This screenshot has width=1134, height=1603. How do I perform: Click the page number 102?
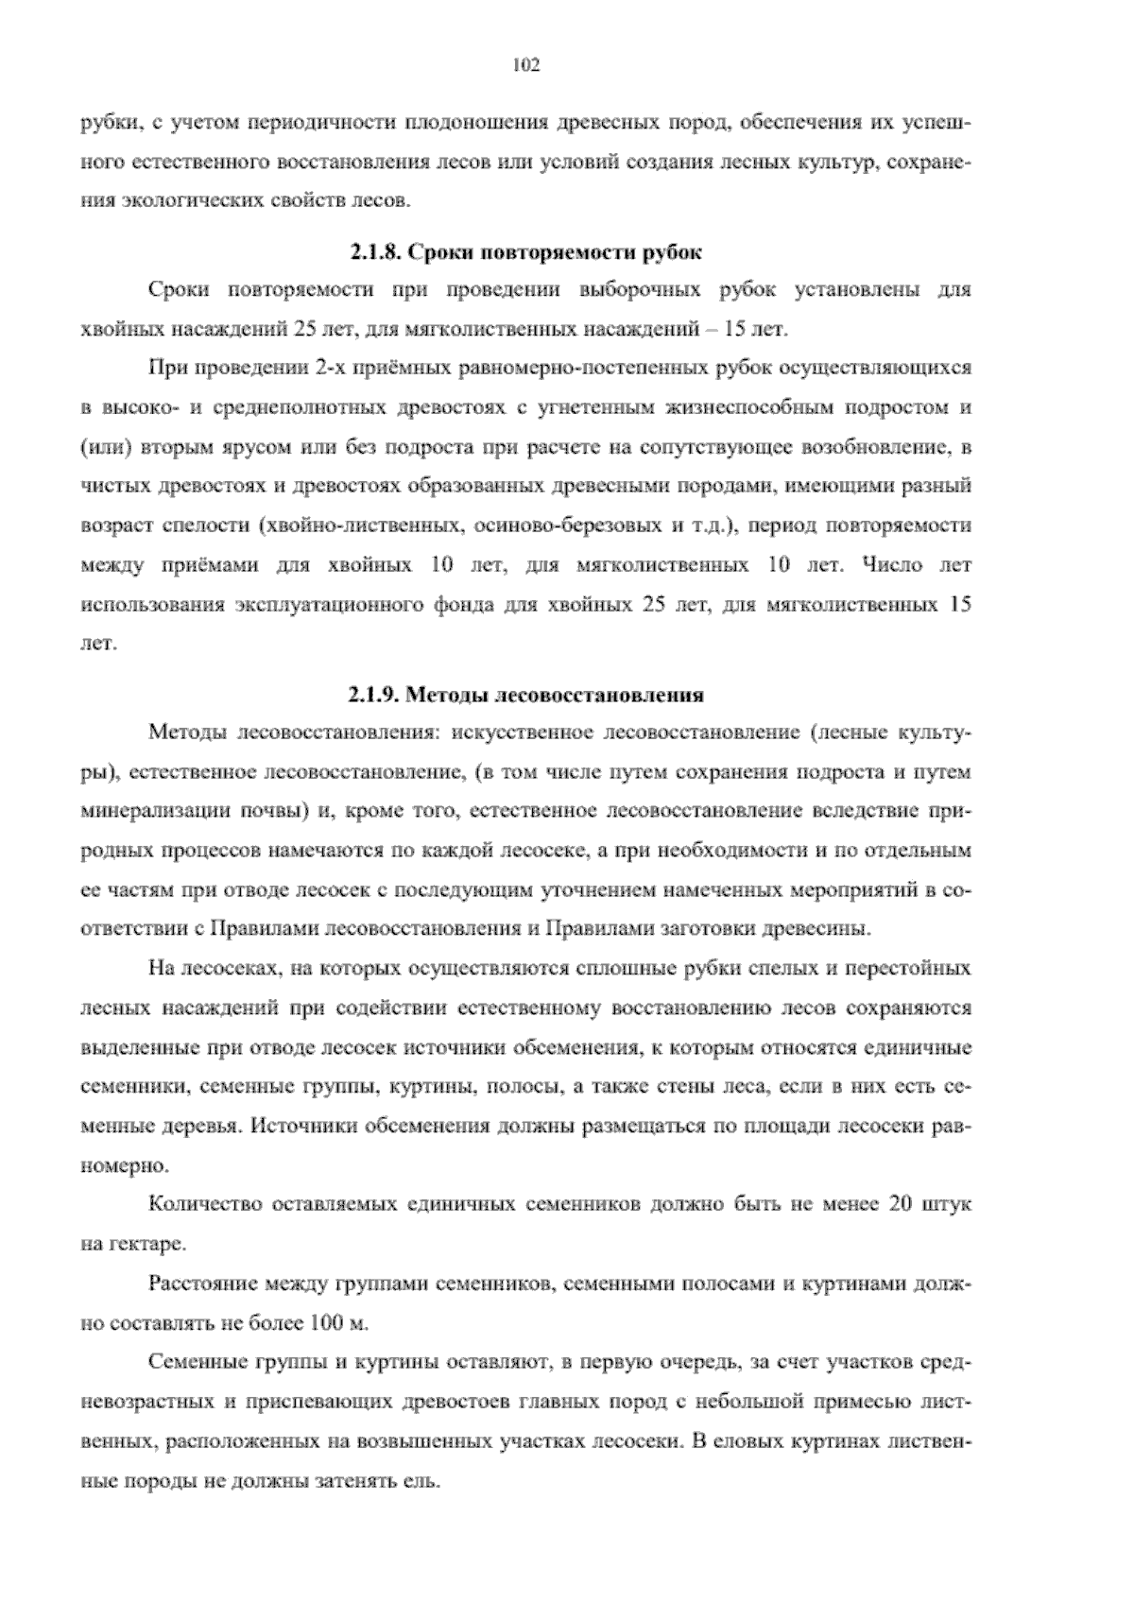[x=524, y=65]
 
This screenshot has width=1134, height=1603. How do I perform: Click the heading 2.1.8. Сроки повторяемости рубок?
[x=524, y=253]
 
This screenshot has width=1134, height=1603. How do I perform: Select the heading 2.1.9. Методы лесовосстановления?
[x=524, y=696]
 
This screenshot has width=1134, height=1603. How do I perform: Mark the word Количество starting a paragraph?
[x=204, y=1205]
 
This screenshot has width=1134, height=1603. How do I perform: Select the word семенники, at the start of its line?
[x=129, y=1087]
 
